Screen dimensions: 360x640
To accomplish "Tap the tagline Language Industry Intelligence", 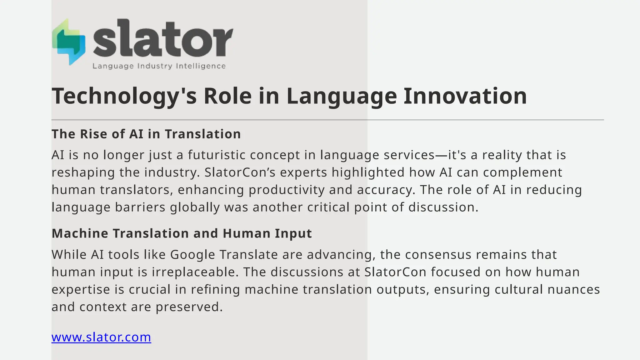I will pos(159,66).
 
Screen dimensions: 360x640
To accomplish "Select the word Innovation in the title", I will pos(465,96).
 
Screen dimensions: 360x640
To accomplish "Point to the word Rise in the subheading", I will pos(93,134).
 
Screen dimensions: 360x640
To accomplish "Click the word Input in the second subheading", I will pos(293,233).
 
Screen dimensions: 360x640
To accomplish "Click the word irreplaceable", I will pos(195,272).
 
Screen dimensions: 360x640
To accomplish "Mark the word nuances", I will pos(573,290).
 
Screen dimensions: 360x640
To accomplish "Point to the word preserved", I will pos(189,307).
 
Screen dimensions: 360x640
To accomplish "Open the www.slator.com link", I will pos(101,337).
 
